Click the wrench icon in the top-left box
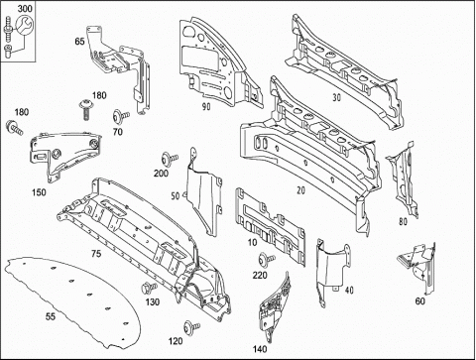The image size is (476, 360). click(25, 25)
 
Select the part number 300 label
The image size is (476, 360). click(25, 8)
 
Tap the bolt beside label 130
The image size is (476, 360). click(149, 287)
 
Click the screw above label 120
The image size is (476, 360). click(191, 327)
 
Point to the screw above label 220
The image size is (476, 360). click(267, 259)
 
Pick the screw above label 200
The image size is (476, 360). click(170, 158)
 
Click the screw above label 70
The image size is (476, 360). click(121, 116)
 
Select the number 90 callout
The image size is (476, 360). click(206, 106)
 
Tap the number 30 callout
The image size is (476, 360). click(336, 97)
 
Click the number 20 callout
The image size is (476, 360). click(300, 190)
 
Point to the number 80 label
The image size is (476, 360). click(403, 221)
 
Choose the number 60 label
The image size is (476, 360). click(419, 301)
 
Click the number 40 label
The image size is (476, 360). click(349, 290)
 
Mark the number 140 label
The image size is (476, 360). click(260, 349)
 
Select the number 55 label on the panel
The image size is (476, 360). click(51, 316)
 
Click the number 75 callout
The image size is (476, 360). click(96, 254)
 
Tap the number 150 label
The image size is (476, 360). click(39, 192)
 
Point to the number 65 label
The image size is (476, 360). click(79, 42)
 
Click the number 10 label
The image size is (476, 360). click(252, 242)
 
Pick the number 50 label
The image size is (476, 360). click(176, 195)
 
